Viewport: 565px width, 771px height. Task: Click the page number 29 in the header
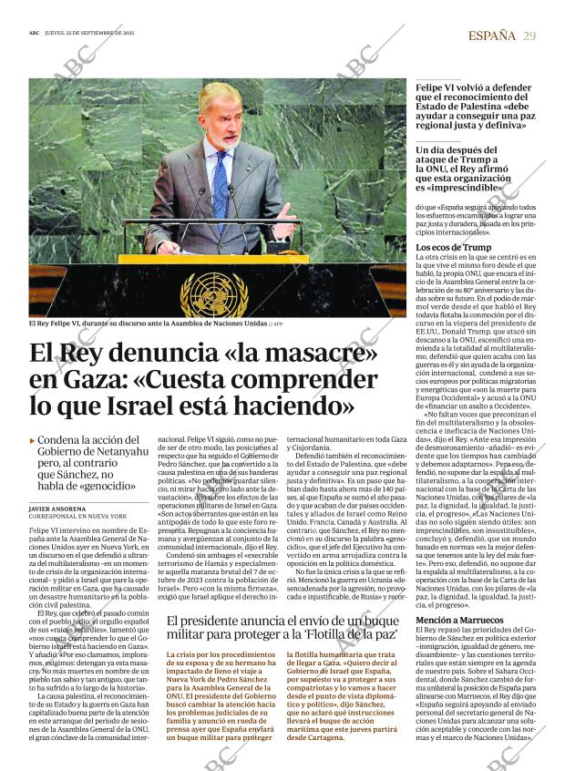(x=529, y=36)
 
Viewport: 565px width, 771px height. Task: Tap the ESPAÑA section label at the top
(x=491, y=36)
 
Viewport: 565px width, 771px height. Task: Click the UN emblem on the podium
(x=215, y=293)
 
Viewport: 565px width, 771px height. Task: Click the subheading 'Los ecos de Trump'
(x=453, y=247)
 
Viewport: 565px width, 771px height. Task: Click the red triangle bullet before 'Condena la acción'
(x=33, y=440)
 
